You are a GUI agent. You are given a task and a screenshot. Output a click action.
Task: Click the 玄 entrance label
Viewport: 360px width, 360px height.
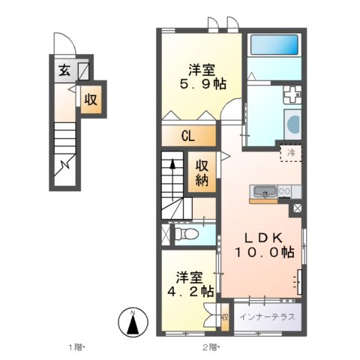64,72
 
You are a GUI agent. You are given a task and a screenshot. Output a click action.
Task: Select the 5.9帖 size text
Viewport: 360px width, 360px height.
202,84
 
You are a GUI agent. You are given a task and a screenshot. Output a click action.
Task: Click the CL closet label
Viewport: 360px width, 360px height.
189,137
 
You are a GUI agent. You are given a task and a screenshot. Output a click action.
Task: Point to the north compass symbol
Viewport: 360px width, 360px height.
132,323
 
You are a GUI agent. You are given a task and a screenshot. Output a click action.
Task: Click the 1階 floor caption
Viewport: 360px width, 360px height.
76,347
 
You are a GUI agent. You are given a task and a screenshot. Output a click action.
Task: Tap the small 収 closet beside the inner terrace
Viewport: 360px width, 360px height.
224,317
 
